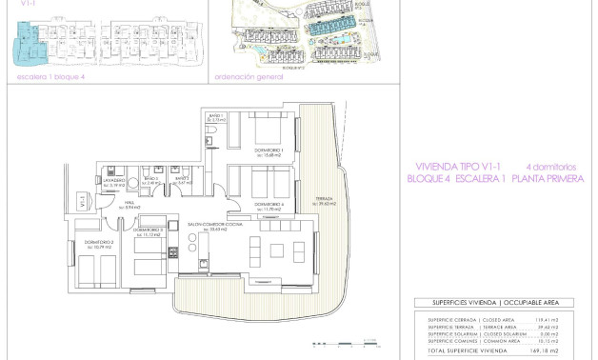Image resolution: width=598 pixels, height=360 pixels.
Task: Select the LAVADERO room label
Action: [x=115, y=178]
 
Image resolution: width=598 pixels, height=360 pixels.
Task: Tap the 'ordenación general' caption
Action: [x=249, y=77]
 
